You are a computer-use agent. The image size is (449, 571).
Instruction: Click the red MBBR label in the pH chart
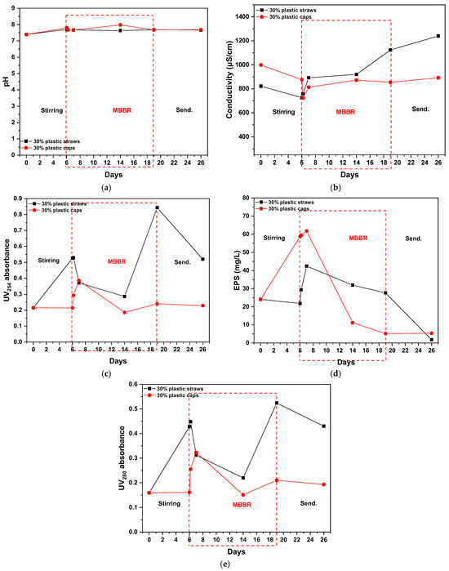pyautogui.click(x=122, y=110)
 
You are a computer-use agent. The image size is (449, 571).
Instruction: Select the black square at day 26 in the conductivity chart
pyautogui.click(x=438, y=36)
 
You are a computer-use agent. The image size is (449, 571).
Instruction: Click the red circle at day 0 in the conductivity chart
pyautogui.click(x=261, y=65)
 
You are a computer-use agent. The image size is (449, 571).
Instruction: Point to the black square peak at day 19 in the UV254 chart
pyautogui.click(x=157, y=207)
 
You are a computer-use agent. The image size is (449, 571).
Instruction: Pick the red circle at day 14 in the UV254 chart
pyautogui.click(x=124, y=312)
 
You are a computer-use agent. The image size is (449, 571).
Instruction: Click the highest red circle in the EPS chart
pyautogui.click(x=306, y=231)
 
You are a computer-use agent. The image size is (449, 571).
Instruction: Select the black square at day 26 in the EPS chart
pyautogui.click(x=432, y=340)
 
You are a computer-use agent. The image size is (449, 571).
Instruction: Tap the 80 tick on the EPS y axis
pyautogui.click(x=246, y=198)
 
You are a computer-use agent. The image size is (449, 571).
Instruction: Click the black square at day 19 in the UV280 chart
pyautogui.click(x=277, y=403)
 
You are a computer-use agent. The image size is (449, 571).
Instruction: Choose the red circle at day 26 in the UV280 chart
pyautogui.click(x=324, y=484)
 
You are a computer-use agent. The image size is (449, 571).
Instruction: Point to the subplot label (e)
pyautogui.click(x=225, y=564)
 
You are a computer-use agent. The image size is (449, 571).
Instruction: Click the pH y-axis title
pyautogui.click(x=7, y=82)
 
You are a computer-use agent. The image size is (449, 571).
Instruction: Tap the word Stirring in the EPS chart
pyautogui.click(x=274, y=238)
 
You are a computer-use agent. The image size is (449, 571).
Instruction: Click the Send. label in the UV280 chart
pyautogui.click(x=309, y=503)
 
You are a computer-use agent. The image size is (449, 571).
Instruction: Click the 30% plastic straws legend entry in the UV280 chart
pyautogui.click(x=174, y=389)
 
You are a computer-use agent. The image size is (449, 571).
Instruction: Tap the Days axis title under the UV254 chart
pyautogui.click(x=118, y=361)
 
